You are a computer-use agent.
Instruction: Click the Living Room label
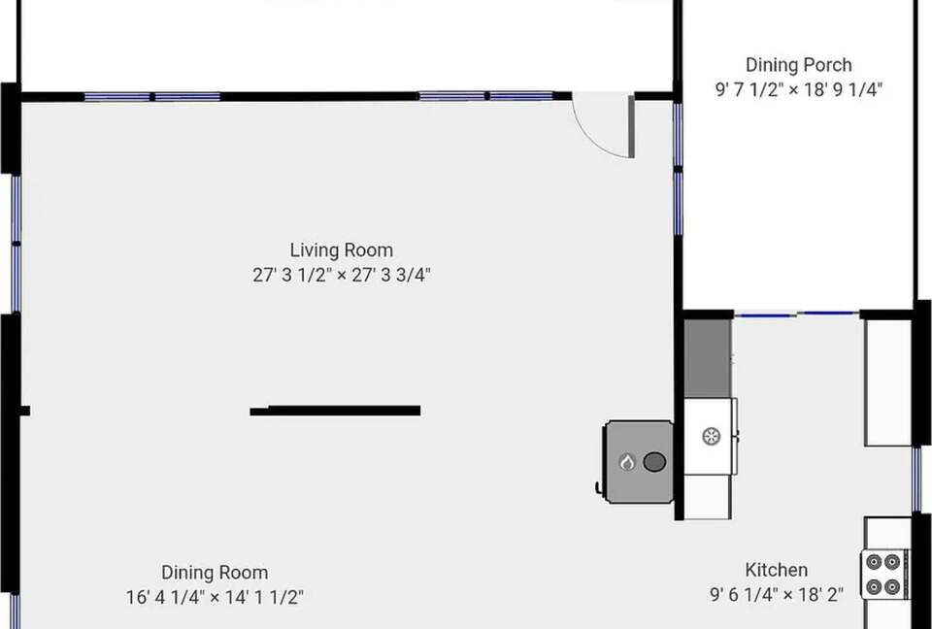pos(341,250)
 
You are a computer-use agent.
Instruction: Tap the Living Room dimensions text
pos(341,276)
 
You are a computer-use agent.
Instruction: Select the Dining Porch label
pos(798,65)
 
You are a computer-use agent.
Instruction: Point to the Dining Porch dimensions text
pos(798,89)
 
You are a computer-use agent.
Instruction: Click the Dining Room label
pos(215,573)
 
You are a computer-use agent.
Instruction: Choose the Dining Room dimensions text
pos(215,597)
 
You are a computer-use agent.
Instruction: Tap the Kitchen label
pos(777,570)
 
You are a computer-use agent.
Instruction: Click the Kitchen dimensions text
pos(777,594)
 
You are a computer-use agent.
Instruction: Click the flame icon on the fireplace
pos(627,462)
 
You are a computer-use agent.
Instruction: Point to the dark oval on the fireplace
pos(654,462)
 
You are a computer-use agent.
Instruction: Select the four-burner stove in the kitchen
pos(882,575)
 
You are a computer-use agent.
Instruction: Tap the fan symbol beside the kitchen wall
pos(711,437)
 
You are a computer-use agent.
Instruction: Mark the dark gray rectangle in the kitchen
pos(708,358)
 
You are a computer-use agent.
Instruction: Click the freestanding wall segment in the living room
pos(335,411)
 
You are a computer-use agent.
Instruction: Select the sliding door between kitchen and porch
pos(796,314)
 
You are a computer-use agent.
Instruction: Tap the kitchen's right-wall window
pos(916,480)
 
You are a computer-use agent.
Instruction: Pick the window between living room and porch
pos(678,167)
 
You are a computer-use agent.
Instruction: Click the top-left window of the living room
pos(152,96)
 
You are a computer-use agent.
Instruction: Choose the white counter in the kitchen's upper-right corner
pos(888,382)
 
